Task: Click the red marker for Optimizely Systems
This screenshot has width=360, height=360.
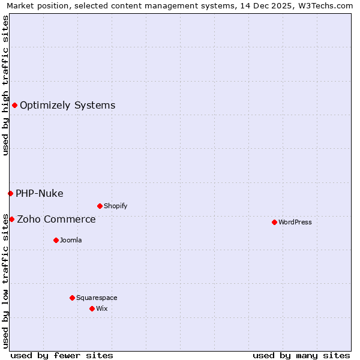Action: point(14,106)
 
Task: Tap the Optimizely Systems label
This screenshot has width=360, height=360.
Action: point(67,106)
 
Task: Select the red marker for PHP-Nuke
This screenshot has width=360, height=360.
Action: point(10,193)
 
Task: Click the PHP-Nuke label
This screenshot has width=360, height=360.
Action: point(39,193)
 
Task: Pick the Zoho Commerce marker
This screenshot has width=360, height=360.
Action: point(11,219)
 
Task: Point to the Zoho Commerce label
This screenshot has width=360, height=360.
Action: point(56,219)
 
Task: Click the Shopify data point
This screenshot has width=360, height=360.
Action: point(100,206)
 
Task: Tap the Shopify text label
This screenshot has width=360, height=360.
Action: point(115,206)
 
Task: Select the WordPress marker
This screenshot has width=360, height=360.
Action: point(274,222)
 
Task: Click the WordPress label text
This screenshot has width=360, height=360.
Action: point(295,222)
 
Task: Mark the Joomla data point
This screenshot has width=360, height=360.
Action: point(56,240)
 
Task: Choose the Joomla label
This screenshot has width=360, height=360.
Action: point(71,240)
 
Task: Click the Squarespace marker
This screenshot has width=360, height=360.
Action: point(72,298)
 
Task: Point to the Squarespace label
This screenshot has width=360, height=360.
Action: point(97,298)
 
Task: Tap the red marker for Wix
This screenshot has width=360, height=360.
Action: point(92,308)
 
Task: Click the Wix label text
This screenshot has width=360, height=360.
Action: point(102,308)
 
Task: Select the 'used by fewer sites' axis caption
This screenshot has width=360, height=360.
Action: point(62,355)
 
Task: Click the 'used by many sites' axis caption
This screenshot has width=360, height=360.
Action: point(301,355)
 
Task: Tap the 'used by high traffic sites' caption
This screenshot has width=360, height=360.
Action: point(5,85)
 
